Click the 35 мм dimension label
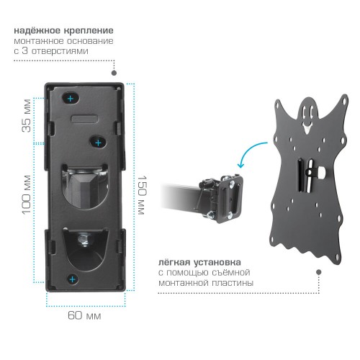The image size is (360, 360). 27,115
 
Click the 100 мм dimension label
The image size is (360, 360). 27,194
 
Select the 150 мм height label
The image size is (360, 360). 142,195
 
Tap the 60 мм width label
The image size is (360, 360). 84,315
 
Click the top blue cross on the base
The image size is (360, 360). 71,99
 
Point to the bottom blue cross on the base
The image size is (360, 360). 72,279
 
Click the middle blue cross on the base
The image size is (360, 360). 99,143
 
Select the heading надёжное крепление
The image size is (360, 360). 63,31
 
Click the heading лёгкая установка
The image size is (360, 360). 199,262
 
